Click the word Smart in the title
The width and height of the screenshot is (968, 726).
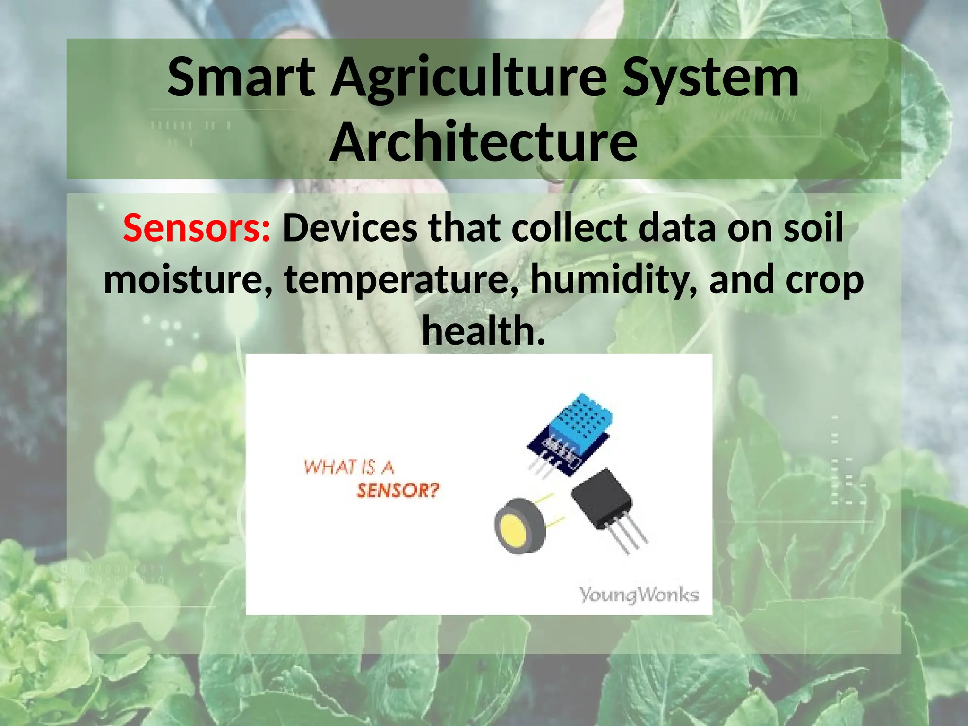pyautogui.click(x=241, y=77)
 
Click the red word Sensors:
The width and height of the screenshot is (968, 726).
pyautogui.click(x=197, y=228)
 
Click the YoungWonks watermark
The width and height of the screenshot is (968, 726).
pyautogui.click(x=639, y=595)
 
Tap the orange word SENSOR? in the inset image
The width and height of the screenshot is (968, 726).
pyautogui.click(x=398, y=491)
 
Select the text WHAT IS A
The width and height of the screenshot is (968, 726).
pyautogui.click(x=349, y=467)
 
